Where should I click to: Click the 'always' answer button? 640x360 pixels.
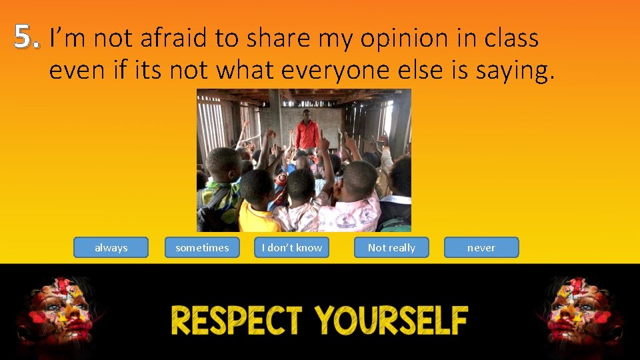pos(111,247)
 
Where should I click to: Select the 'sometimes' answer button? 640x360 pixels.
pos(202,247)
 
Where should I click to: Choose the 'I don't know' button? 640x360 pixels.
pos(292,247)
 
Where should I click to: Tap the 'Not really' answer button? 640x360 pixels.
pos(391,247)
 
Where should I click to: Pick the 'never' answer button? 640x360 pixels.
pos(481,247)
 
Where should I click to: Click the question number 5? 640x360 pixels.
pos(25,39)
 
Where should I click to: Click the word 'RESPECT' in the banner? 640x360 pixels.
pos(237,321)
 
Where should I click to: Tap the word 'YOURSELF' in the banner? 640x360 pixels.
pos(391,321)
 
